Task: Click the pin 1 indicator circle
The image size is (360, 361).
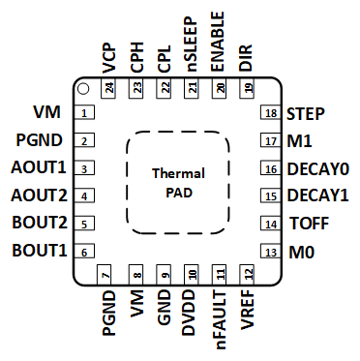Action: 84,90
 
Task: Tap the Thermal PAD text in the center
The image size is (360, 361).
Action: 179,182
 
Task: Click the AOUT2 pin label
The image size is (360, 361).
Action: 40,196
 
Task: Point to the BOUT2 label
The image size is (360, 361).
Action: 40,225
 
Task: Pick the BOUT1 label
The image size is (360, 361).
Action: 40,252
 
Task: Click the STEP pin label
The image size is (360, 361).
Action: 306,113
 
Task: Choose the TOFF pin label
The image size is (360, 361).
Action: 309,225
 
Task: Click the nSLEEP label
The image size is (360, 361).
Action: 193,43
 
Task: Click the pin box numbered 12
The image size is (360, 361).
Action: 248,276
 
